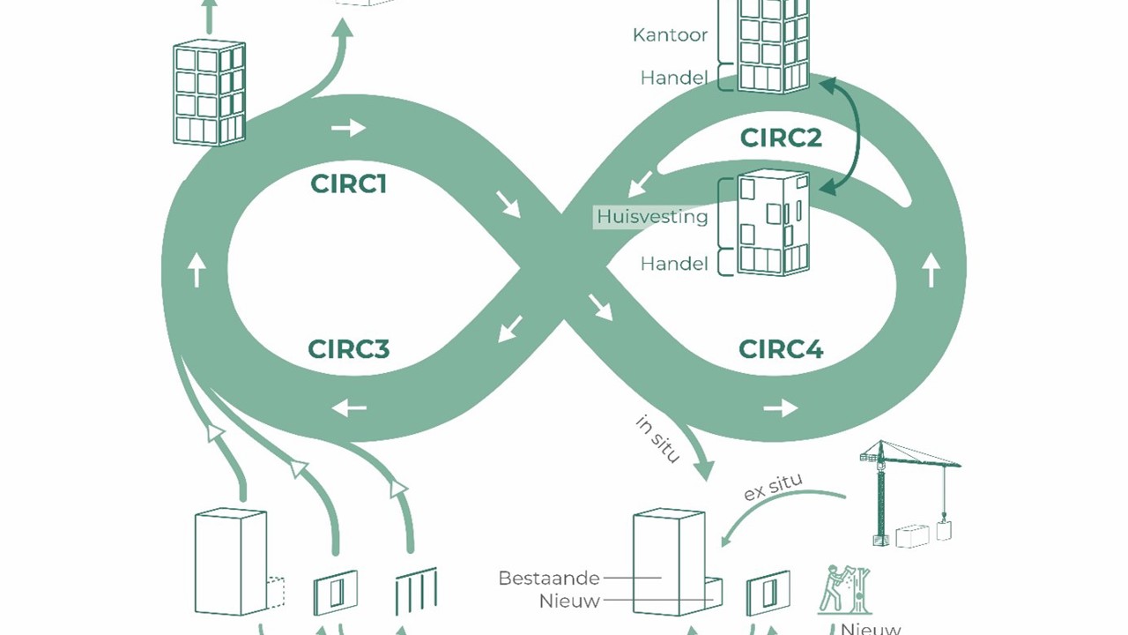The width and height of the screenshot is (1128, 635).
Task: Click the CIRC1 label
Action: pos(348,183)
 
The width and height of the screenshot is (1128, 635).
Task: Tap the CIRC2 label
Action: pos(781,138)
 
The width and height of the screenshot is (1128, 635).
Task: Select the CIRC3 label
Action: pos(348,349)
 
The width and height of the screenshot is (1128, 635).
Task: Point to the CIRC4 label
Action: pos(781,349)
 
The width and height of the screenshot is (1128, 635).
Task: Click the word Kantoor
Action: pos(670,35)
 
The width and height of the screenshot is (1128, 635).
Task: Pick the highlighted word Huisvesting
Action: pos(652,216)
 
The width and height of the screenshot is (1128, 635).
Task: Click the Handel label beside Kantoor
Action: pos(674,78)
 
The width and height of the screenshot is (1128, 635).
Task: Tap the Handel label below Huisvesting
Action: pos(674,263)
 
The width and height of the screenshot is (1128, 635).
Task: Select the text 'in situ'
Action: pos(657,438)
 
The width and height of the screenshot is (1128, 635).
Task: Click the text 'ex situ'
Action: pos(773,486)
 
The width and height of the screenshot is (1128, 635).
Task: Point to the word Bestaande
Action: pos(549,579)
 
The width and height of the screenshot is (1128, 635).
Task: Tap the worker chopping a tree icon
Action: pos(843,590)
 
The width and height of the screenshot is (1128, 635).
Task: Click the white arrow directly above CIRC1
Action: pos(348,128)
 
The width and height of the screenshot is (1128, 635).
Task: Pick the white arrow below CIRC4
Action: pos(780,407)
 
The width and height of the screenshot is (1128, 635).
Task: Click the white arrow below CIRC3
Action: pos(349,407)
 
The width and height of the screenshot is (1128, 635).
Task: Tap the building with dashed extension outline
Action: pos(234,563)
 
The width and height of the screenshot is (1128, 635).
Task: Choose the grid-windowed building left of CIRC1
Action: pos(209,92)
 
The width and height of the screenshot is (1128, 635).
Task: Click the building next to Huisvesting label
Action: pos(773,222)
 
